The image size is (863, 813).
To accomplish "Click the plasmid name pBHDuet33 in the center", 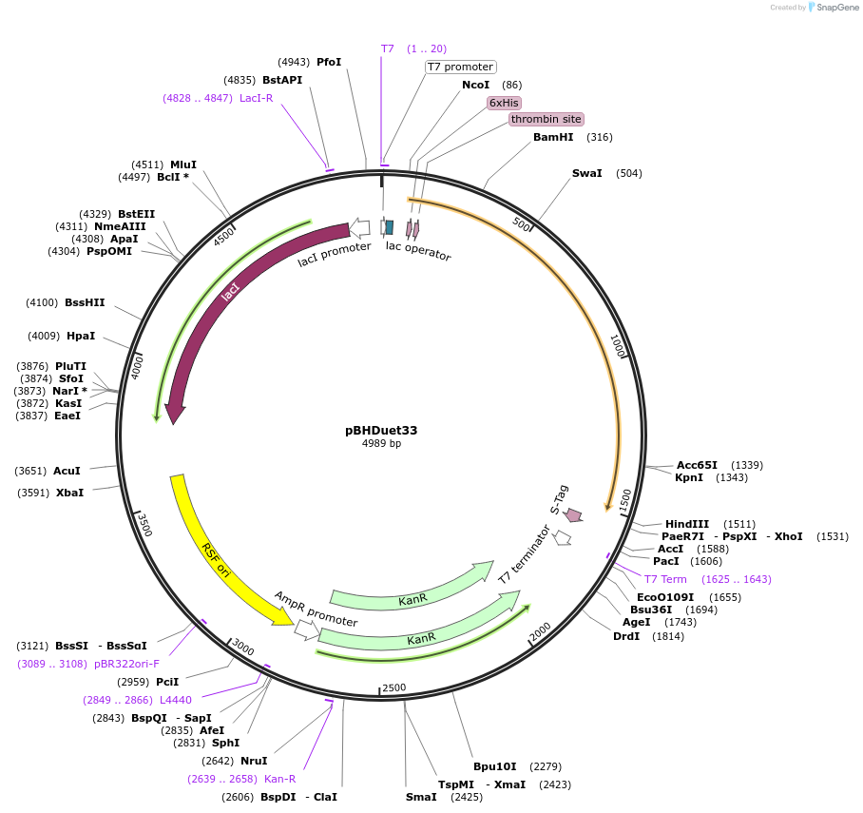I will click(381, 430).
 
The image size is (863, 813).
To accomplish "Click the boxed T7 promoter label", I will click(460, 67).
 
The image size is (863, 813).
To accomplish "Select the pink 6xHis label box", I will click(505, 102).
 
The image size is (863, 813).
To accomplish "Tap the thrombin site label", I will click(546, 119).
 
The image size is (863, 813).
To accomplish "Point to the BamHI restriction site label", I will click(553, 137).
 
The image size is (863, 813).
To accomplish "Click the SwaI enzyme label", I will click(586, 173).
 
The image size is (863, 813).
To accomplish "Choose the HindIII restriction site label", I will click(686, 524).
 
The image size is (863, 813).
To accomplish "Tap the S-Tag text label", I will click(560, 499).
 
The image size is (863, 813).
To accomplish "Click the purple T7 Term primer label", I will click(665, 579).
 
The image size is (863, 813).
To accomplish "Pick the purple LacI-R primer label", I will click(256, 98).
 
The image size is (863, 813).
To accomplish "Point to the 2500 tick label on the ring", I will click(393, 687).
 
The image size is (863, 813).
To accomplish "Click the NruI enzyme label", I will click(254, 761).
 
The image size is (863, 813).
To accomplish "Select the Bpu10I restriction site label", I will click(495, 766).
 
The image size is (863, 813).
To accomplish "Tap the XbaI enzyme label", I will click(69, 493).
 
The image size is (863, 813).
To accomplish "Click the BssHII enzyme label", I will click(85, 302).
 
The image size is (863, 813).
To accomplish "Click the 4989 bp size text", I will click(381, 444).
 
